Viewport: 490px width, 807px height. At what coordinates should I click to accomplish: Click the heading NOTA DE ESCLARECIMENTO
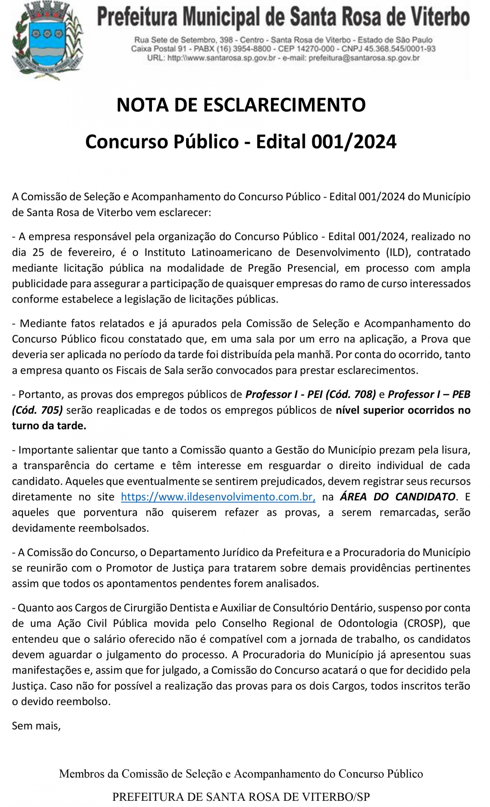pos(241,105)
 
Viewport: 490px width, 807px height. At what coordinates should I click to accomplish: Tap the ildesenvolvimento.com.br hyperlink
pos(218,497)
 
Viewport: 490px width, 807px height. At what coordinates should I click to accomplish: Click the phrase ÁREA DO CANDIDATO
pos(398,497)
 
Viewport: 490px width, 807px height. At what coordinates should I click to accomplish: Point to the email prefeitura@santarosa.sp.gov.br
pos(364,58)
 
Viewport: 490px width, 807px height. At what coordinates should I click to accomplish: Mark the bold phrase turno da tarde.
pos(49,426)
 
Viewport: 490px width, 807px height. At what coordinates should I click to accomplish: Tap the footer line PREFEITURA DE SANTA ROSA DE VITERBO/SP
pos(241,797)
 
